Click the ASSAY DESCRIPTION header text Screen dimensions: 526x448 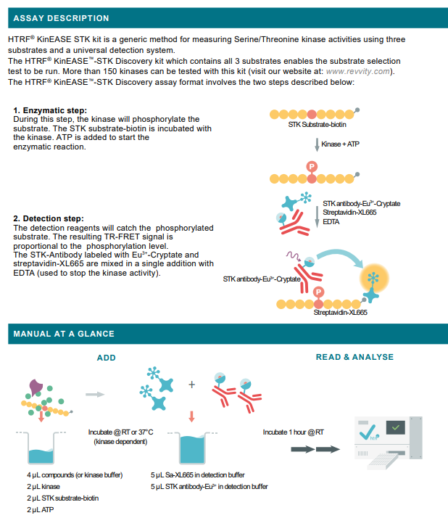click(x=61, y=18)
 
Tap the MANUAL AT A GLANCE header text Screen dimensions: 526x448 click(x=64, y=334)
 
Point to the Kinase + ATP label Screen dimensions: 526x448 click(x=340, y=145)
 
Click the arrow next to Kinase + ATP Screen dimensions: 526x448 click(x=317, y=145)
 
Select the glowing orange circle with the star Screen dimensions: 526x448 click(x=373, y=277)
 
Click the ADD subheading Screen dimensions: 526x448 click(x=106, y=357)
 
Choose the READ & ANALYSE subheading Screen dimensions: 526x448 click(x=354, y=357)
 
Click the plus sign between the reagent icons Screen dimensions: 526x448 click(x=192, y=385)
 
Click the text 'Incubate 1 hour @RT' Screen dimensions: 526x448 click(x=293, y=432)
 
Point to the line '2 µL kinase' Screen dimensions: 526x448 click(x=43, y=486)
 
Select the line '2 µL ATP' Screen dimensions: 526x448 click(x=41, y=510)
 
